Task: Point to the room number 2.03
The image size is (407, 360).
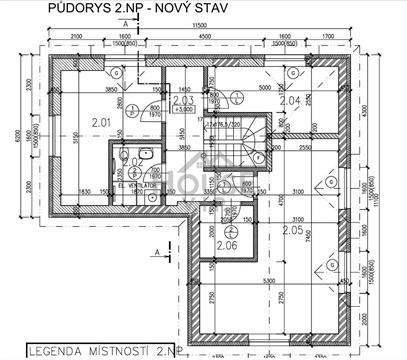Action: tap(182, 101)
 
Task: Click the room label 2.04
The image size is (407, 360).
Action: tap(289, 101)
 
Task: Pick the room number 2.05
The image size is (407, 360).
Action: tap(293, 230)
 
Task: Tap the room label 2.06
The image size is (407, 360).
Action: tap(226, 244)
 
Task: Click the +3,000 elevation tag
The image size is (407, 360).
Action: tap(182, 112)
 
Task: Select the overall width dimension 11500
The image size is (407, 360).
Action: tap(200, 22)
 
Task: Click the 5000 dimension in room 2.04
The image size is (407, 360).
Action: tap(265, 88)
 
